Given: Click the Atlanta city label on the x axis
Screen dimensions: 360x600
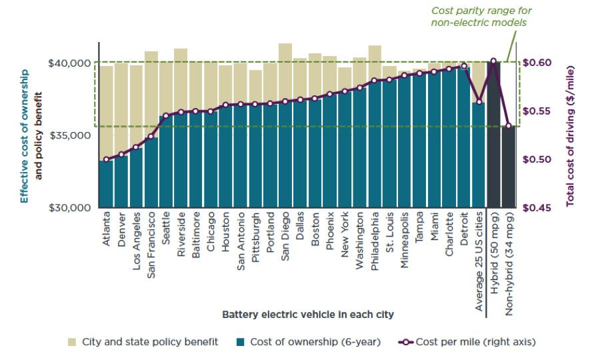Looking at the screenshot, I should click(107, 229).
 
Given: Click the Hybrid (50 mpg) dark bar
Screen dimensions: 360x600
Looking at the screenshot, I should click(493, 133).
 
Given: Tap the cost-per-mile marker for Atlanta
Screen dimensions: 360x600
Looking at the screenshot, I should click(106, 159).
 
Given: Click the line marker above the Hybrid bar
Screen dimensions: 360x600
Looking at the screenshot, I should click(493, 61).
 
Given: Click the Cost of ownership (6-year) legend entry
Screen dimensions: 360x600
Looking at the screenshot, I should click(308, 342).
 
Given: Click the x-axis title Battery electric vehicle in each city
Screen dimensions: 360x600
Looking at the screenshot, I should click(308, 314).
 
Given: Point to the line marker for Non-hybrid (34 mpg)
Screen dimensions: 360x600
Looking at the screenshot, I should click(509, 126).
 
